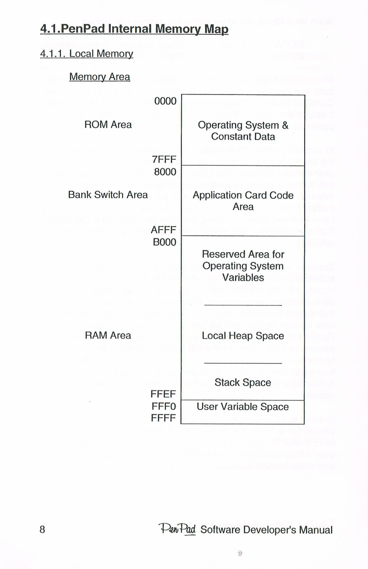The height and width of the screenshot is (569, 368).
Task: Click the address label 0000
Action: (x=165, y=101)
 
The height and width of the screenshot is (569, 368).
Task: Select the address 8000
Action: (x=165, y=172)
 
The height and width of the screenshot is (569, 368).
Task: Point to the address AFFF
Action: (x=164, y=230)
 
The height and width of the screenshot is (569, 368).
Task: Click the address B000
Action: (x=165, y=242)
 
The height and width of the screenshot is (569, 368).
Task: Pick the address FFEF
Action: (x=163, y=394)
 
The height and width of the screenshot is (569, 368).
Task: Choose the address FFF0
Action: (x=164, y=406)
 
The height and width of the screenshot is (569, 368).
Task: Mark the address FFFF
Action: (x=164, y=418)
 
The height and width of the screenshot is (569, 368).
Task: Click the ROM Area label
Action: (x=108, y=125)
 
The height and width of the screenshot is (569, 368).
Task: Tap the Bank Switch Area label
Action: (x=108, y=195)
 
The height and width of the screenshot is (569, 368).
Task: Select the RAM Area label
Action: (x=108, y=335)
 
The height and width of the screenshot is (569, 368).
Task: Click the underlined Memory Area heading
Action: (x=99, y=77)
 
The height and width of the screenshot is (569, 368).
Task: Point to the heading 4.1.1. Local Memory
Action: (x=87, y=54)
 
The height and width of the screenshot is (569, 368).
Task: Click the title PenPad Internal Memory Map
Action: (x=134, y=29)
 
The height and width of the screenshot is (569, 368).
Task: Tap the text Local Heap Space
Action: (x=242, y=336)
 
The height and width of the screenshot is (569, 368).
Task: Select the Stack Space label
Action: (x=242, y=382)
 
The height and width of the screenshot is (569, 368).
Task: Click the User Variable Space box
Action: (x=242, y=412)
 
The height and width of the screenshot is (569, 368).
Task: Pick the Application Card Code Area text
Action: (x=243, y=201)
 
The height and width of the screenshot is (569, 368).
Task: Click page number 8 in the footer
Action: (x=42, y=530)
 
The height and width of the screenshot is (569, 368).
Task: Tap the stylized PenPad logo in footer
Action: (x=177, y=530)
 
